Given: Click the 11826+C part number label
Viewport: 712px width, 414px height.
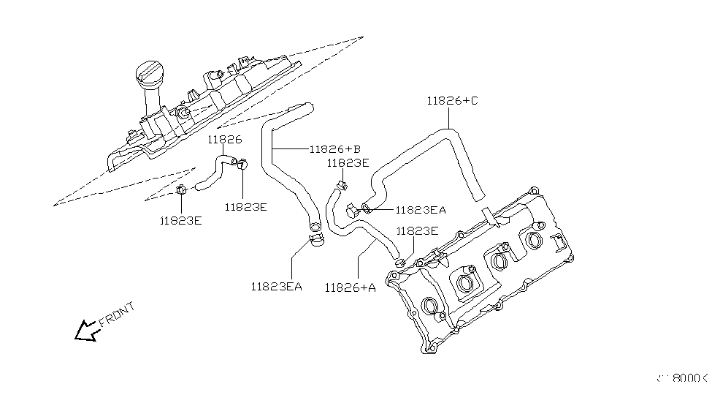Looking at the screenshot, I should click(x=452, y=102).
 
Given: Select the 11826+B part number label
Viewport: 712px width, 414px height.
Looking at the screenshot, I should click(x=335, y=149).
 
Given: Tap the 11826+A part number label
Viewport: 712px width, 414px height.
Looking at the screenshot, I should click(x=351, y=287).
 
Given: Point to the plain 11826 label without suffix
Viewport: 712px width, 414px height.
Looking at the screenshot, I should click(x=223, y=139).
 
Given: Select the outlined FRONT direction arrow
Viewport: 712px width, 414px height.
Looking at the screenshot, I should click(x=87, y=331).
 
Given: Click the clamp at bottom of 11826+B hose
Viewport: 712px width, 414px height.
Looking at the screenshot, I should click(x=317, y=238).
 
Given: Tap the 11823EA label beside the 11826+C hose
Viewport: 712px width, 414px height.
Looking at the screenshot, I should click(x=421, y=210).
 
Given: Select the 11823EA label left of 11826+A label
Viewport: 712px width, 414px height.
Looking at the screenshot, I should click(x=276, y=286).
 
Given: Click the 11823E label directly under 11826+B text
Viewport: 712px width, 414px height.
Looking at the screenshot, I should click(x=348, y=163).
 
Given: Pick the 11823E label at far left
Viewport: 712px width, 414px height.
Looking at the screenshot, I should click(x=182, y=219).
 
